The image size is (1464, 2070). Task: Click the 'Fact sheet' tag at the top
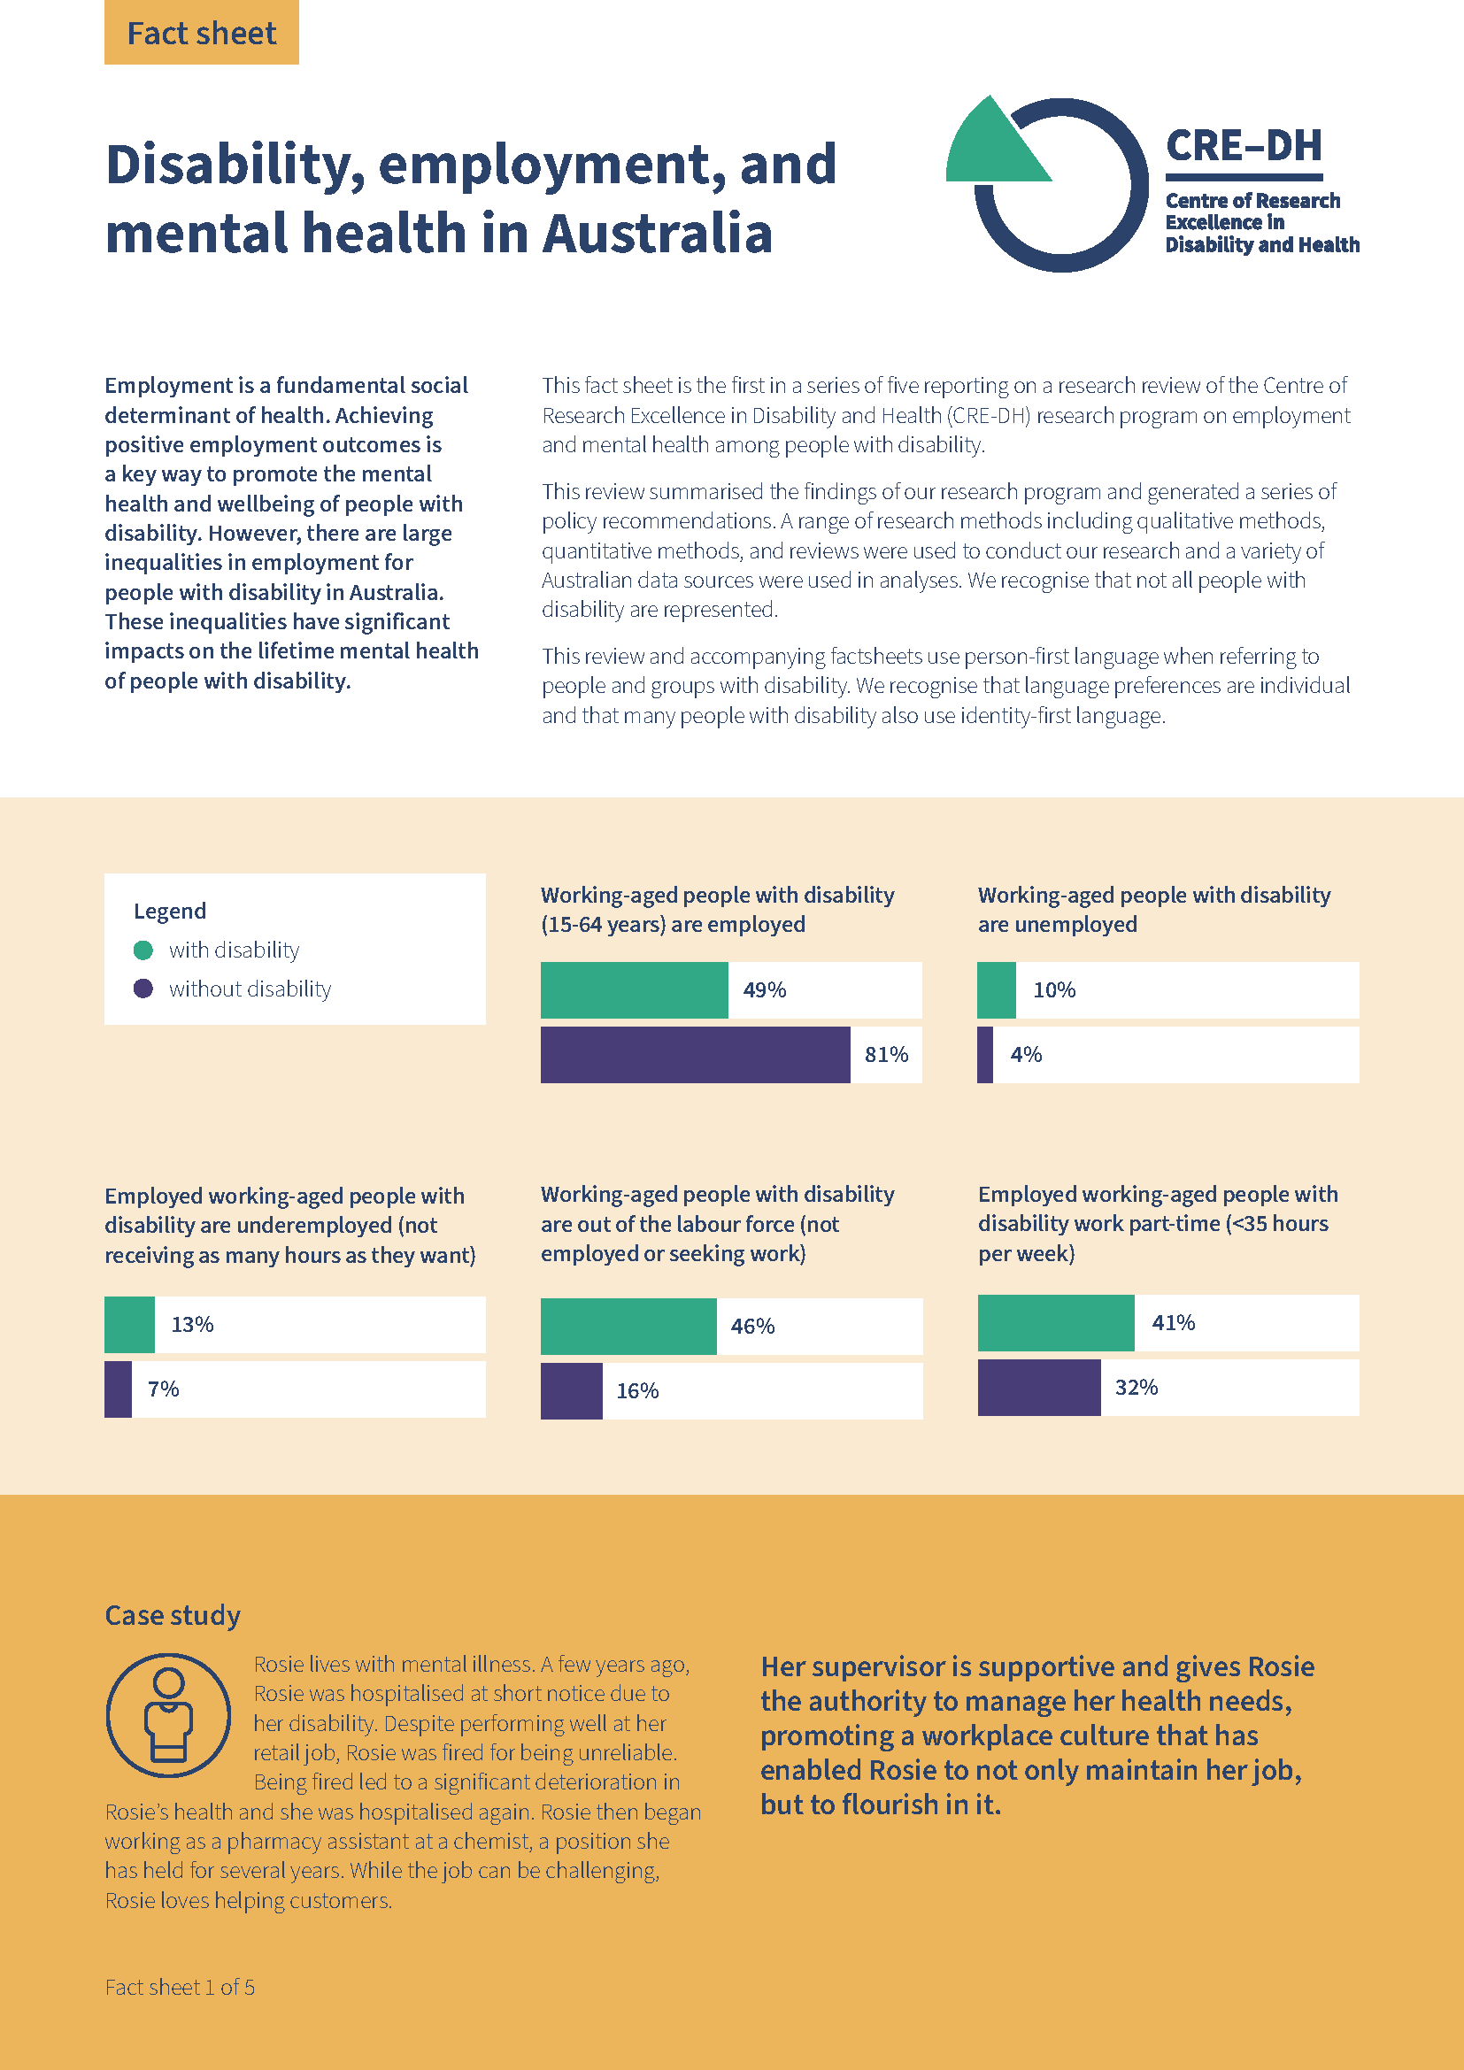[x=201, y=33]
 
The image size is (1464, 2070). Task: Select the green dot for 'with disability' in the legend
[x=143, y=950]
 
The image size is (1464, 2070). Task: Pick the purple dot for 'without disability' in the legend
[x=143, y=989]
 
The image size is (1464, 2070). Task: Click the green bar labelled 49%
[x=634, y=990]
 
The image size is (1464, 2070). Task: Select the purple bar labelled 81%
[x=694, y=1054]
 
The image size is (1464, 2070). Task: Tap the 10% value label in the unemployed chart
[x=1054, y=990]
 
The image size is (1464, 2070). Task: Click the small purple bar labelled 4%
[x=984, y=1054]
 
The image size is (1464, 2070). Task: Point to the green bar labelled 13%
[x=129, y=1325]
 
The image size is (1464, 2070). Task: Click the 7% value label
[x=163, y=1389]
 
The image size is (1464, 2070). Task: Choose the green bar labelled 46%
[x=628, y=1327]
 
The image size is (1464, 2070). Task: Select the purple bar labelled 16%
[x=571, y=1390]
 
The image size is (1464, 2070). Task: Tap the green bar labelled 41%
[x=1056, y=1322]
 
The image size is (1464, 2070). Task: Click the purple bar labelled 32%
[x=1038, y=1387]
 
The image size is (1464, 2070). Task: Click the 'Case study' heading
[x=173, y=1615]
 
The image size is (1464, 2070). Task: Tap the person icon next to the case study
[x=168, y=1715]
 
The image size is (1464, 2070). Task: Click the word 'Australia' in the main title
[x=657, y=234]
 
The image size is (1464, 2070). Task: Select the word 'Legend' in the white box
[x=169, y=911]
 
